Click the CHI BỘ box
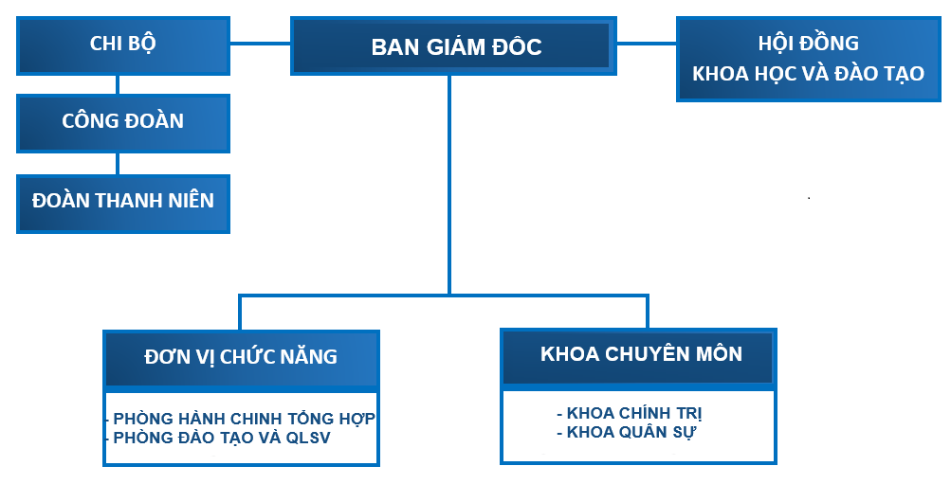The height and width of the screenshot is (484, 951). (123, 44)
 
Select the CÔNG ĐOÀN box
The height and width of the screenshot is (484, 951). (123, 122)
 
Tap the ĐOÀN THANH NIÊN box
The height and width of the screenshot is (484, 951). (123, 202)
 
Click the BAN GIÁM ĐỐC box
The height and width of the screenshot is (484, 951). (451, 47)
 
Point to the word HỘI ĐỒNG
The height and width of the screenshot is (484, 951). (808, 44)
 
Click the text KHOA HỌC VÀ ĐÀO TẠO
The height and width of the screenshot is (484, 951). (808, 73)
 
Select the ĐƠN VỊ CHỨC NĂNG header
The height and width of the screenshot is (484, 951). (241, 357)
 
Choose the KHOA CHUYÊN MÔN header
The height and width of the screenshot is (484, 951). (640, 354)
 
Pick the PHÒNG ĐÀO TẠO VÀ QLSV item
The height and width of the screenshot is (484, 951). (222, 438)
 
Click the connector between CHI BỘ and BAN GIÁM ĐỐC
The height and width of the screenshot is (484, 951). (260, 43)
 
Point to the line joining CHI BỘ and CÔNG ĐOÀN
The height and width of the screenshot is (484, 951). (118, 84)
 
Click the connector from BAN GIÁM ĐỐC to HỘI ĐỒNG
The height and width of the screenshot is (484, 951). (645, 43)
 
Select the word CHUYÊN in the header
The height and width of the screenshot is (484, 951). (648, 354)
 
